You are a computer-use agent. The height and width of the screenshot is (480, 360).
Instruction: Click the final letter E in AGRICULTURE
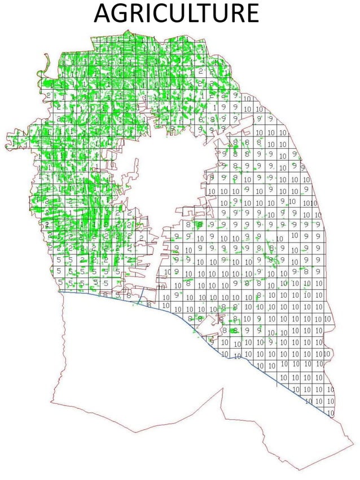[x=251, y=14]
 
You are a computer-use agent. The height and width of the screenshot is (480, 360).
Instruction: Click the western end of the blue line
[x=61, y=292]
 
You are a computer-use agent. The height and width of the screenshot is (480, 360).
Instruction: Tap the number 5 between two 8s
[x=118, y=294]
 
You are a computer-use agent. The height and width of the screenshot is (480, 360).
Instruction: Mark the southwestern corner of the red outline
[x=52, y=402]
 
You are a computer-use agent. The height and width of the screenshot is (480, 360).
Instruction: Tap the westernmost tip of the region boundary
[x=6, y=146]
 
